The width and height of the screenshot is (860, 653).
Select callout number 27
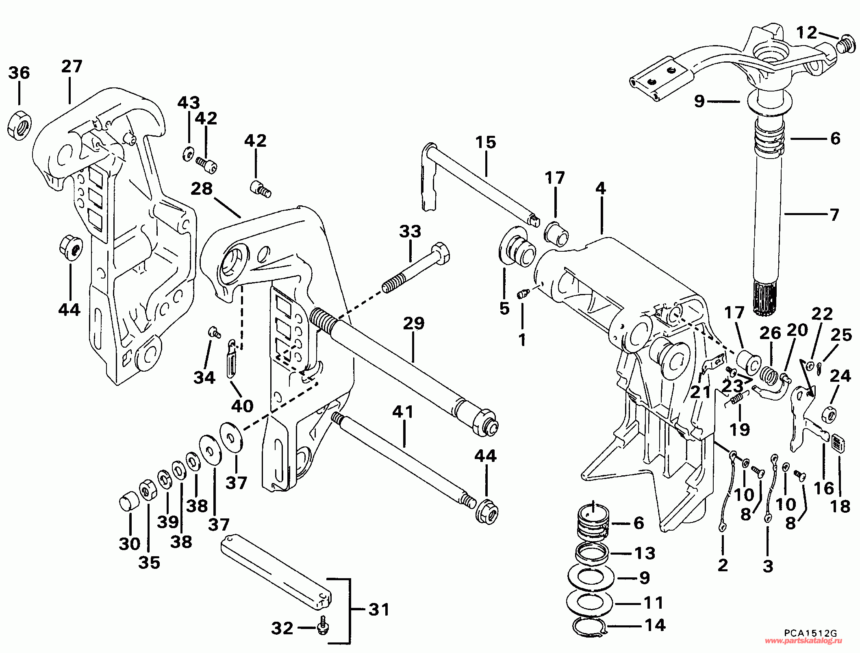(72, 66)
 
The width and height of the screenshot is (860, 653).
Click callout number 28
(202, 189)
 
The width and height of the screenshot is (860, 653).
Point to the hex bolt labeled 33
(416, 268)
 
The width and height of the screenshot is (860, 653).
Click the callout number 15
(486, 142)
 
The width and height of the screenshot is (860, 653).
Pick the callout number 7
(834, 215)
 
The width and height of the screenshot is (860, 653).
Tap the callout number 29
(414, 323)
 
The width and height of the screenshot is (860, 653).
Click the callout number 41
(403, 412)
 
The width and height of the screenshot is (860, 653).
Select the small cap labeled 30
(129, 503)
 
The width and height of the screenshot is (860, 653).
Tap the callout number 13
(645, 553)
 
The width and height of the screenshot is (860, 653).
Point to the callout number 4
(601, 188)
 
